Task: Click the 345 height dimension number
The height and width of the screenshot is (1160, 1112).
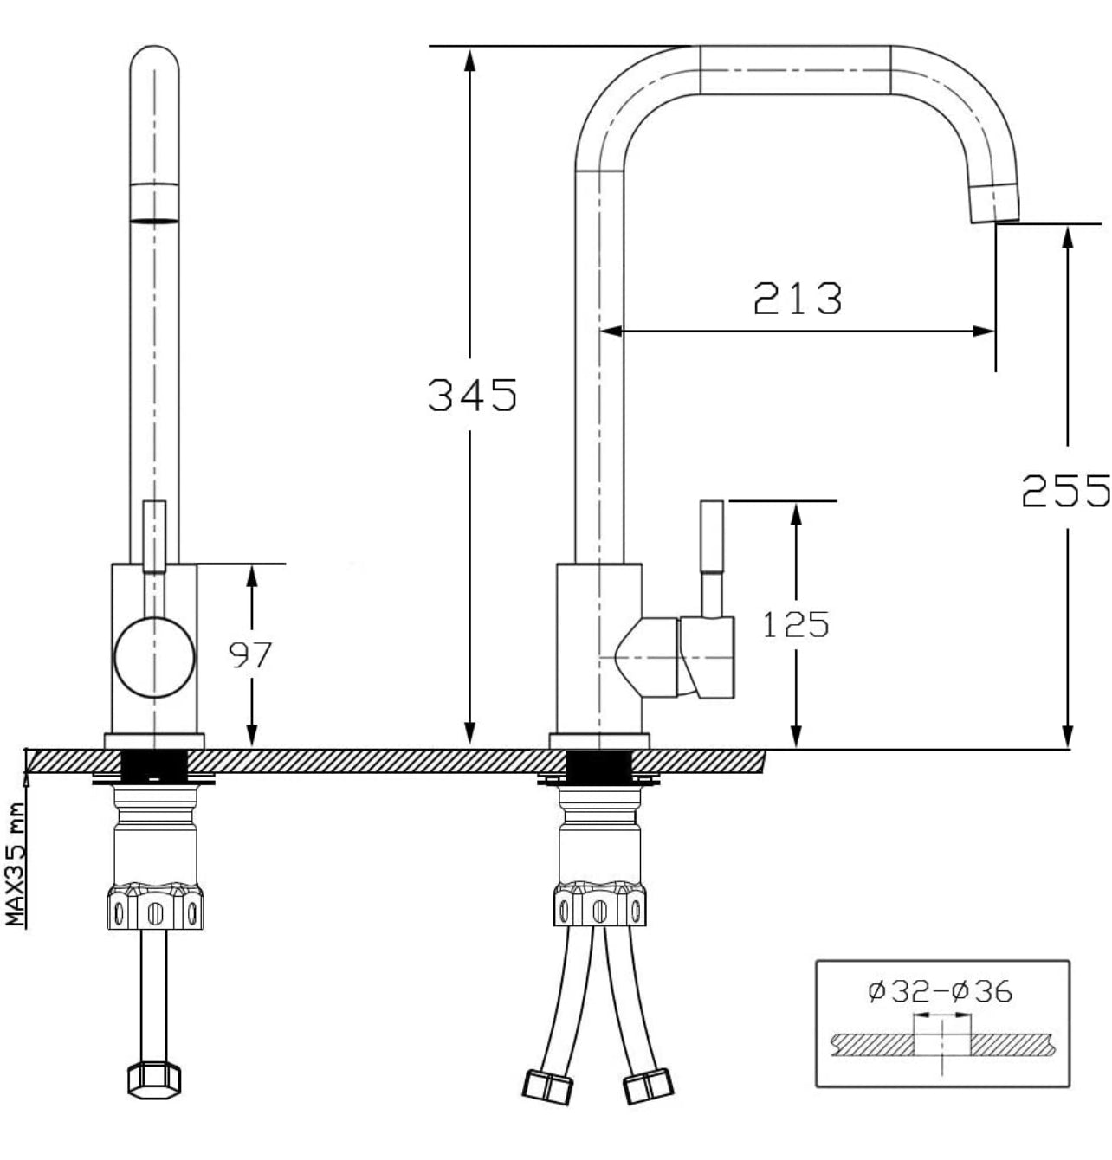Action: point(472,395)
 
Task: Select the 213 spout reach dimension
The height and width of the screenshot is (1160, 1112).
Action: point(797,298)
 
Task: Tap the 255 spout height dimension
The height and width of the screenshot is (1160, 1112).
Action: point(1065,490)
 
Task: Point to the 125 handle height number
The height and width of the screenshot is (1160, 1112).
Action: point(795,623)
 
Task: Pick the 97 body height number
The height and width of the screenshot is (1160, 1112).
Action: point(250,655)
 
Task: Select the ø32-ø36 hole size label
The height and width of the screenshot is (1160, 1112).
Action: point(940,990)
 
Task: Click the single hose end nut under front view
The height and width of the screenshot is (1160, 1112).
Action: point(154,1079)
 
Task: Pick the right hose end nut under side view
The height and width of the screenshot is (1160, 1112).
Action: point(648,1086)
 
